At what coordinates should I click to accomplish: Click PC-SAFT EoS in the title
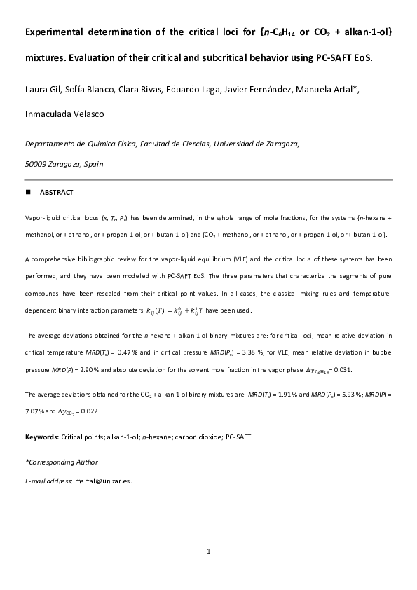tap(345, 57)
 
